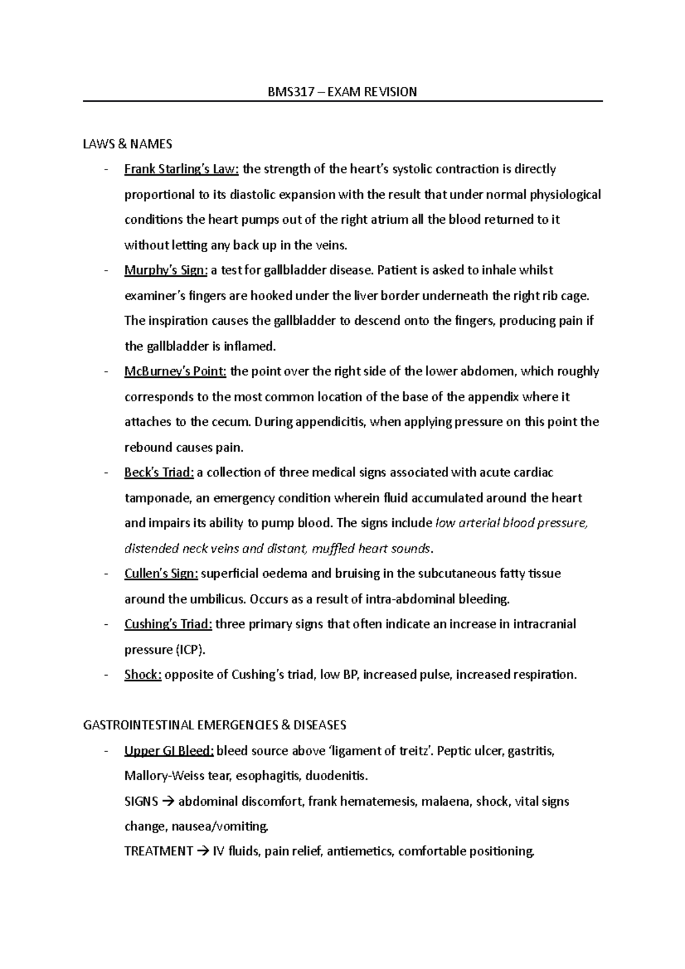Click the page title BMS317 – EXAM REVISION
coord(342,92)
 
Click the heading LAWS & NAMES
coord(127,144)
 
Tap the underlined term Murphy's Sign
coord(166,270)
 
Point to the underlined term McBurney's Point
coord(175,372)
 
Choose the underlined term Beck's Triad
coord(159,473)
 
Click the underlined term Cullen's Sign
coord(161,574)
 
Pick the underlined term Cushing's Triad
coord(168,624)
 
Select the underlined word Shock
coord(143,675)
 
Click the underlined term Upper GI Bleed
coord(169,751)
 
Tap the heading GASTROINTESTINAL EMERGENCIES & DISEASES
coord(215,725)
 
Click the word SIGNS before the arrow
coord(141,802)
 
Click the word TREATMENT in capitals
coord(158,852)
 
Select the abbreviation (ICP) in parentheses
coord(190,650)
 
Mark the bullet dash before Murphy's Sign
coord(106,271)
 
